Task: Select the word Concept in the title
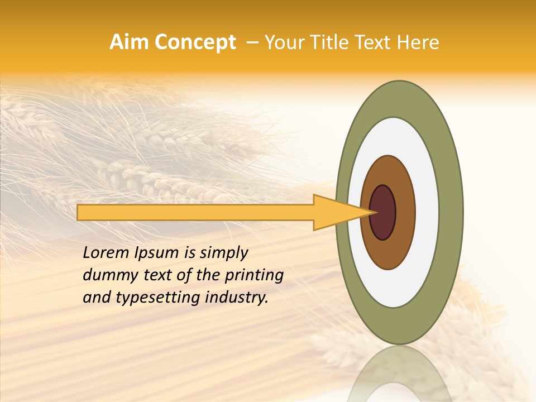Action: click(x=195, y=42)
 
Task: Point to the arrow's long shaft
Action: click(x=195, y=212)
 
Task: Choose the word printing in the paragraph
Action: click(x=254, y=276)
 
